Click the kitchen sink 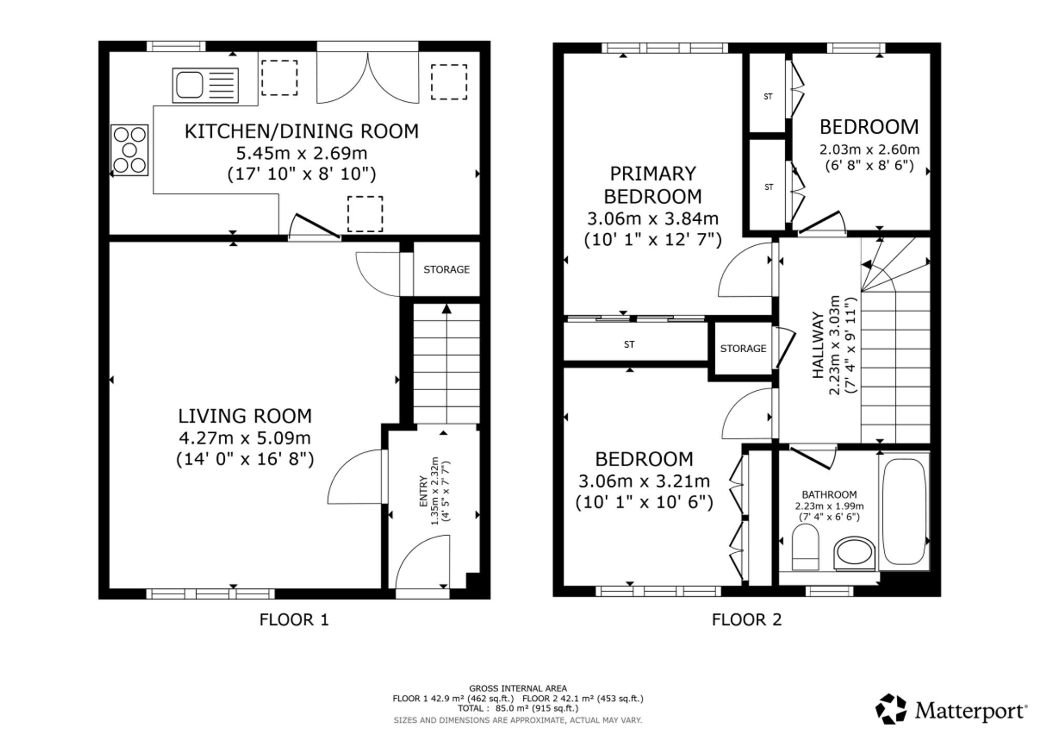coord(206,85)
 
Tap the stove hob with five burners coord(130,150)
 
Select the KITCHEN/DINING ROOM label coord(302,131)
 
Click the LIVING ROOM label coord(245,416)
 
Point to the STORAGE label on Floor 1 coord(446,270)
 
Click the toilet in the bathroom coord(805,547)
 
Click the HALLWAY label coord(818,345)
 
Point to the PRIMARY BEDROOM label coord(652,185)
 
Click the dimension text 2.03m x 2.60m coord(869,150)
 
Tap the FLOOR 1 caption coord(294,620)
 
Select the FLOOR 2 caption coord(746,620)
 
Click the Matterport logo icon coord(891,709)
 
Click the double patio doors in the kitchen coord(367,77)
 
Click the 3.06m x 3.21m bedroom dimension coord(644,482)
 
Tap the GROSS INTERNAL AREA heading coord(518,689)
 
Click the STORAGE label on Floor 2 coord(743,349)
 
